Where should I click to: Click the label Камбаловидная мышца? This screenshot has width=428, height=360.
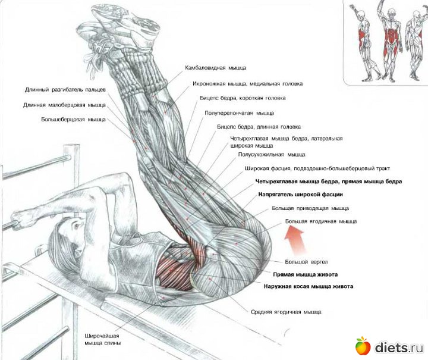pos(215,68)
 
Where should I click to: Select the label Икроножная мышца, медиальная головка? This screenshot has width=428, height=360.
pos(247,83)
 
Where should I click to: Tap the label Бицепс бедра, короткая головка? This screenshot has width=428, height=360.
pos(243,98)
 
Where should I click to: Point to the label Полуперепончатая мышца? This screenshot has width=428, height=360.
pos(239,113)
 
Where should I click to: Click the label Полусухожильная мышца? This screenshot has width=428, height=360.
pos(272,155)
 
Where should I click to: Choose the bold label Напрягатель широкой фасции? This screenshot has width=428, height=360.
pos(301,195)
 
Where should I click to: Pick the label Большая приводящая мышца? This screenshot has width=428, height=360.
pos(310,208)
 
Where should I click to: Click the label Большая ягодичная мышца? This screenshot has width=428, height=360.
pos(321,221)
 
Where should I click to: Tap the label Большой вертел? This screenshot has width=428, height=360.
pos(306,262)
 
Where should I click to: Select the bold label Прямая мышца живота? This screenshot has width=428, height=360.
pos(305,274)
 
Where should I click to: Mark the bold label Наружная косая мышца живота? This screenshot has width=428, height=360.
pos(309,287)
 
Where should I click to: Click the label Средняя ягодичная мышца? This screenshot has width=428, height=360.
pos(286,312)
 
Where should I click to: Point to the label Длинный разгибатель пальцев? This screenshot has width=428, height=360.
pos(65,90)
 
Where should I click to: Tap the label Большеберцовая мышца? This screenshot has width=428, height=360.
pos(74,120)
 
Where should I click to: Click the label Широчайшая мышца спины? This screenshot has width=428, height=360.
pos(103,340)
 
